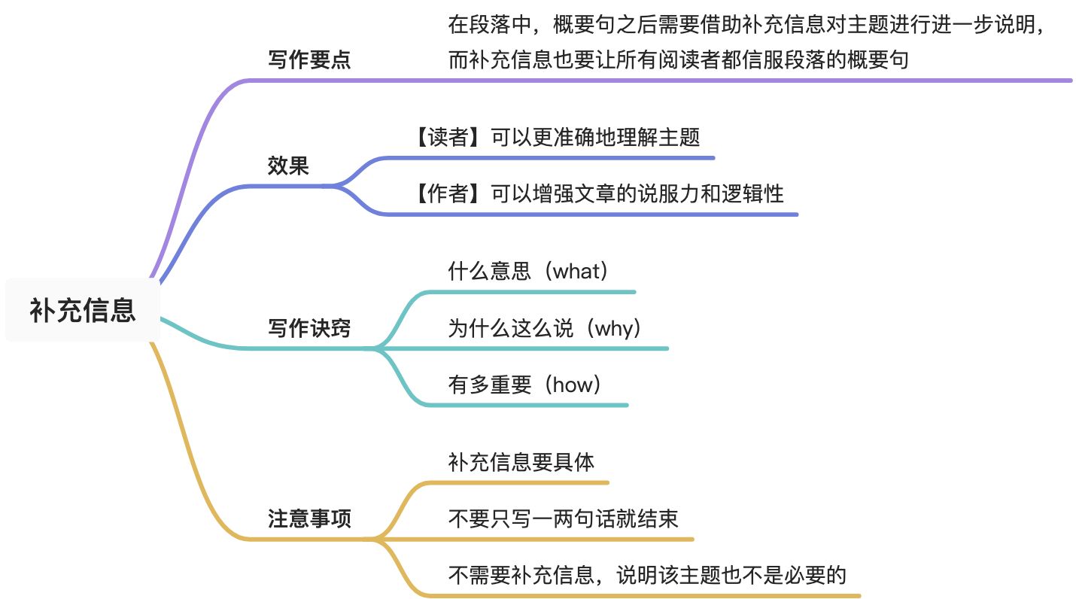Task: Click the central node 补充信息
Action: click(x=83, y=310)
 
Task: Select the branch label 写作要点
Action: click(x=309, y=60)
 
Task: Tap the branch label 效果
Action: click(x=288, y=166)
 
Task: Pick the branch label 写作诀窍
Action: click(x=309, y=328)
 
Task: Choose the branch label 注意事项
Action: click(x=309, y=519)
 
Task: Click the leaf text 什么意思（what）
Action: click(x=527, y=271)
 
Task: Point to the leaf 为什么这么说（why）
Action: click(x=544, y=328)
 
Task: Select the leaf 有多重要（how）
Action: click(x=525, y=385)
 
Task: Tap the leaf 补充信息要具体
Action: click(x=521, y=461)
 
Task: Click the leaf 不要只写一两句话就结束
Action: click(x=563, y=518)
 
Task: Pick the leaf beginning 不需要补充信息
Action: click(x=647, y=576)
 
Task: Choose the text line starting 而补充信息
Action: click(x=678, y=59)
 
